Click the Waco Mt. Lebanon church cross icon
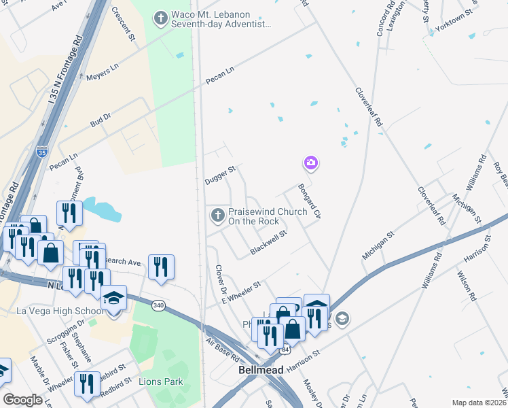160,18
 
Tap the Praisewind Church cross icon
217,216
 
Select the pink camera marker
311,163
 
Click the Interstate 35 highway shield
42,152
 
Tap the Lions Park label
161,381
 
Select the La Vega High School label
60,311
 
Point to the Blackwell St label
269,241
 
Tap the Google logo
22,400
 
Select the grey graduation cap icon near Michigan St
342,318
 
